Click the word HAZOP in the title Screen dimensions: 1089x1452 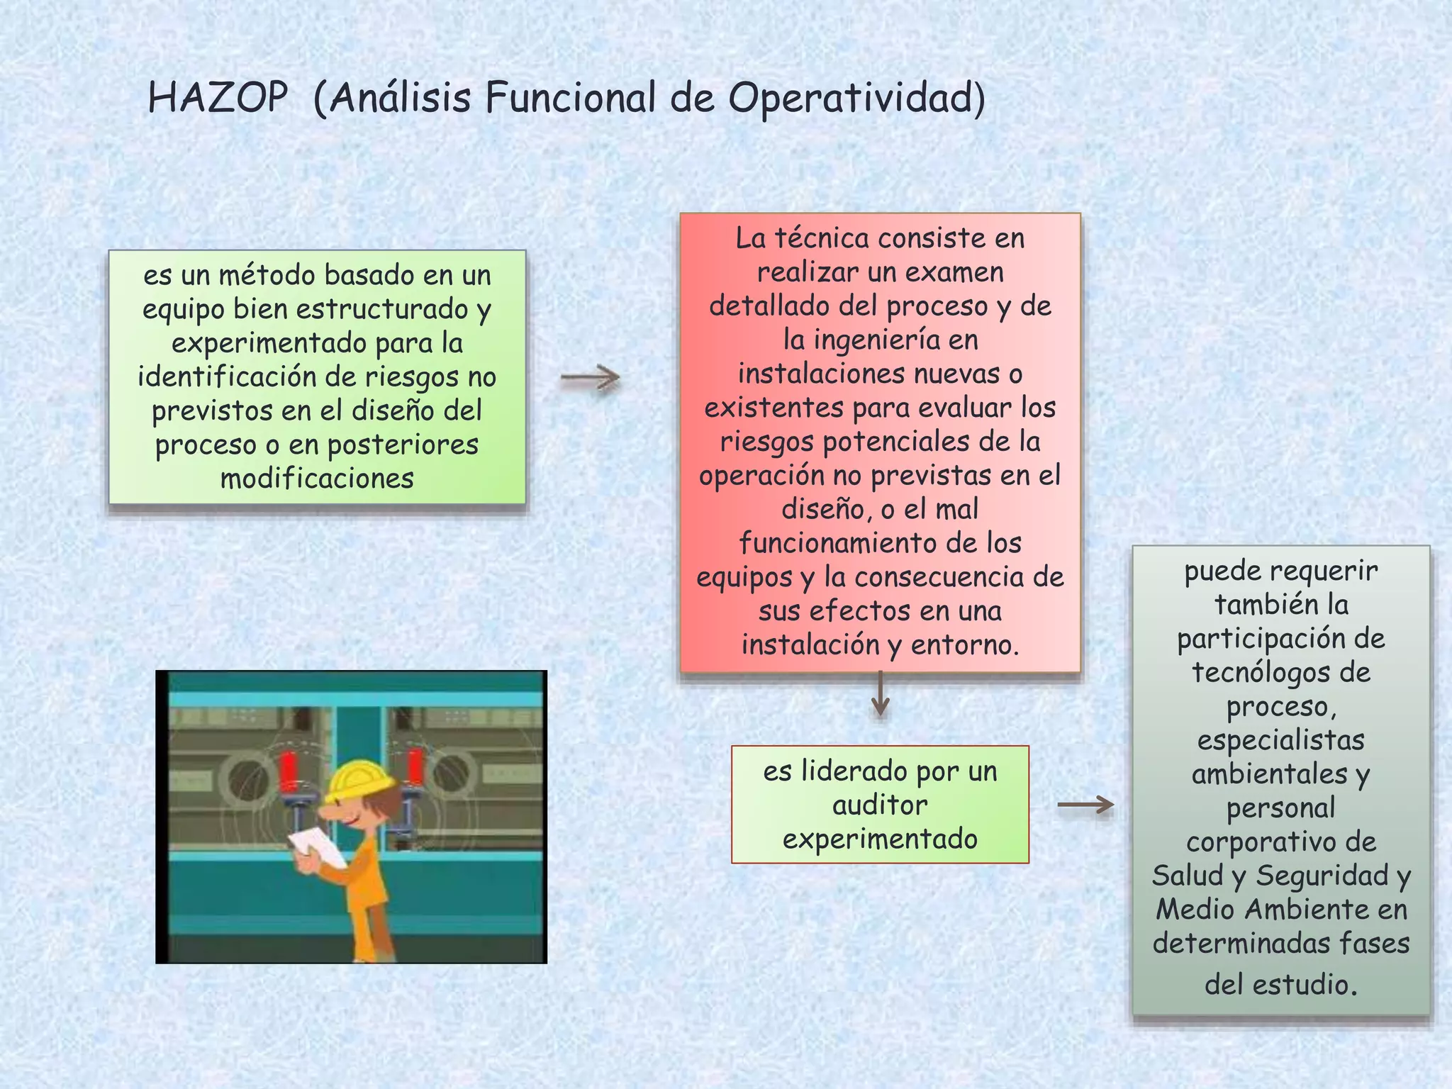click(x=218, y=98)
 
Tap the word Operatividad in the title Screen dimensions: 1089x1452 click(x=856, y=98)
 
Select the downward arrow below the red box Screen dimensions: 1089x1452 click(x=880, y=694)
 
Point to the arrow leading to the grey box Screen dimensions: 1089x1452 click(x=1085, y=805)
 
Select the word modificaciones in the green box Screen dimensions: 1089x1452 click(x=317, y=479)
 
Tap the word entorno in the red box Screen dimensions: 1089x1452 click(x=965, y=644)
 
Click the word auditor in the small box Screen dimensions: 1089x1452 click(x=880, y=805)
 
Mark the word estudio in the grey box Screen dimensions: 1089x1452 click(x=1304, y=985)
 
